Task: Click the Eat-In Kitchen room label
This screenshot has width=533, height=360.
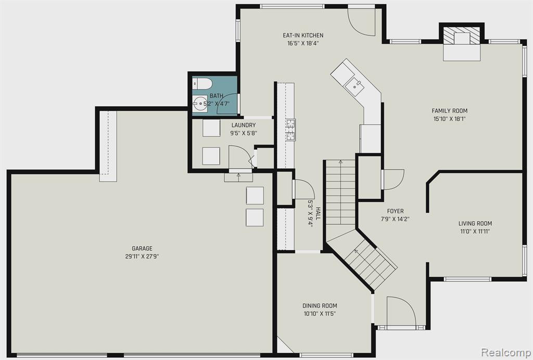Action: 303,35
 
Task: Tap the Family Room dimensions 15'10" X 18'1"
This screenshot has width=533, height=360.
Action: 449,119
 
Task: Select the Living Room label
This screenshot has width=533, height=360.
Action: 475,224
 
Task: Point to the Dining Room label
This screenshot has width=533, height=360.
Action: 320,306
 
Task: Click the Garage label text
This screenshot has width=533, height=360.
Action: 142,249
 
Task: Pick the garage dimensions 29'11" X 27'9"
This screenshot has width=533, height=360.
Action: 142,256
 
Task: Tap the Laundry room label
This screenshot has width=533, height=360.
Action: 244,125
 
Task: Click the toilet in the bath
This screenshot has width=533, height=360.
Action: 202,84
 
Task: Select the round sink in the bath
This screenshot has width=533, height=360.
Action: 199,103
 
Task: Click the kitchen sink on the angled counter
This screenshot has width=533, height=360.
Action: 354,85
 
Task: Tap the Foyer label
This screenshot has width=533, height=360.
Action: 396,211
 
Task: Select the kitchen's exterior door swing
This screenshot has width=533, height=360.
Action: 361,21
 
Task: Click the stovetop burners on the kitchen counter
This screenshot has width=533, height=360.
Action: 290,130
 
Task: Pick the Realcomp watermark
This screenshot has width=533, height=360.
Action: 506,352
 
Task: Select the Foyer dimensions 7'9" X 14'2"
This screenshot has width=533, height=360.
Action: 395,219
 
